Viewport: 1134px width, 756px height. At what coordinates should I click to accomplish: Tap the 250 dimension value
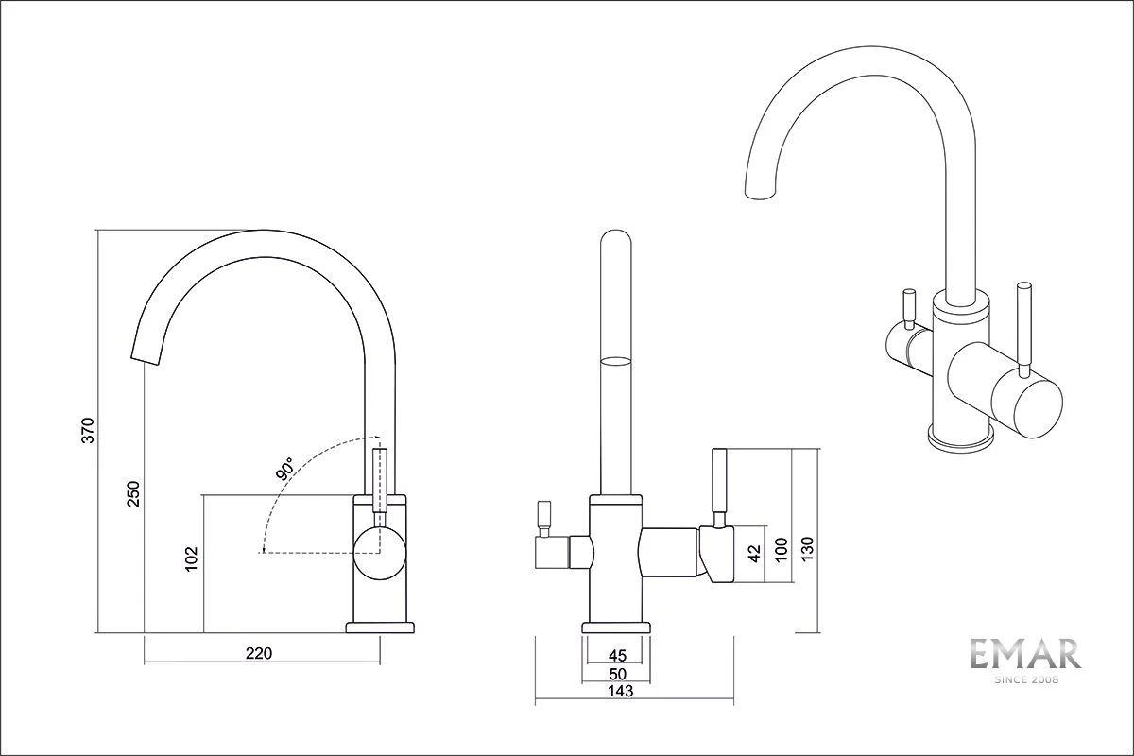(x=133, y=493)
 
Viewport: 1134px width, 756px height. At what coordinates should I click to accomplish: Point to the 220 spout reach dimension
(x=259, y=653)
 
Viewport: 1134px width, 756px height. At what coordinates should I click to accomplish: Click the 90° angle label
(x=285, y=470)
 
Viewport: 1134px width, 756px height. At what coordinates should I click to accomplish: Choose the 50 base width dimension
(x=617, y=674)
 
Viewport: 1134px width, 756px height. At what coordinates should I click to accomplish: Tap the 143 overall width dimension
(x=620, y=692)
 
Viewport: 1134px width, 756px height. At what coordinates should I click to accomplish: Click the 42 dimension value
(x=754, y=553)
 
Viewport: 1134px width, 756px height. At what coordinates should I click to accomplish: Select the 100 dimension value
(x=781, y=550)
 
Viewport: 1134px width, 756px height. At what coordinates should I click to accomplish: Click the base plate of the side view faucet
(x=380, y=627)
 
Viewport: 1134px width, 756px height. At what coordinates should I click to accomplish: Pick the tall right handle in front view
(x=720, y=482)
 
